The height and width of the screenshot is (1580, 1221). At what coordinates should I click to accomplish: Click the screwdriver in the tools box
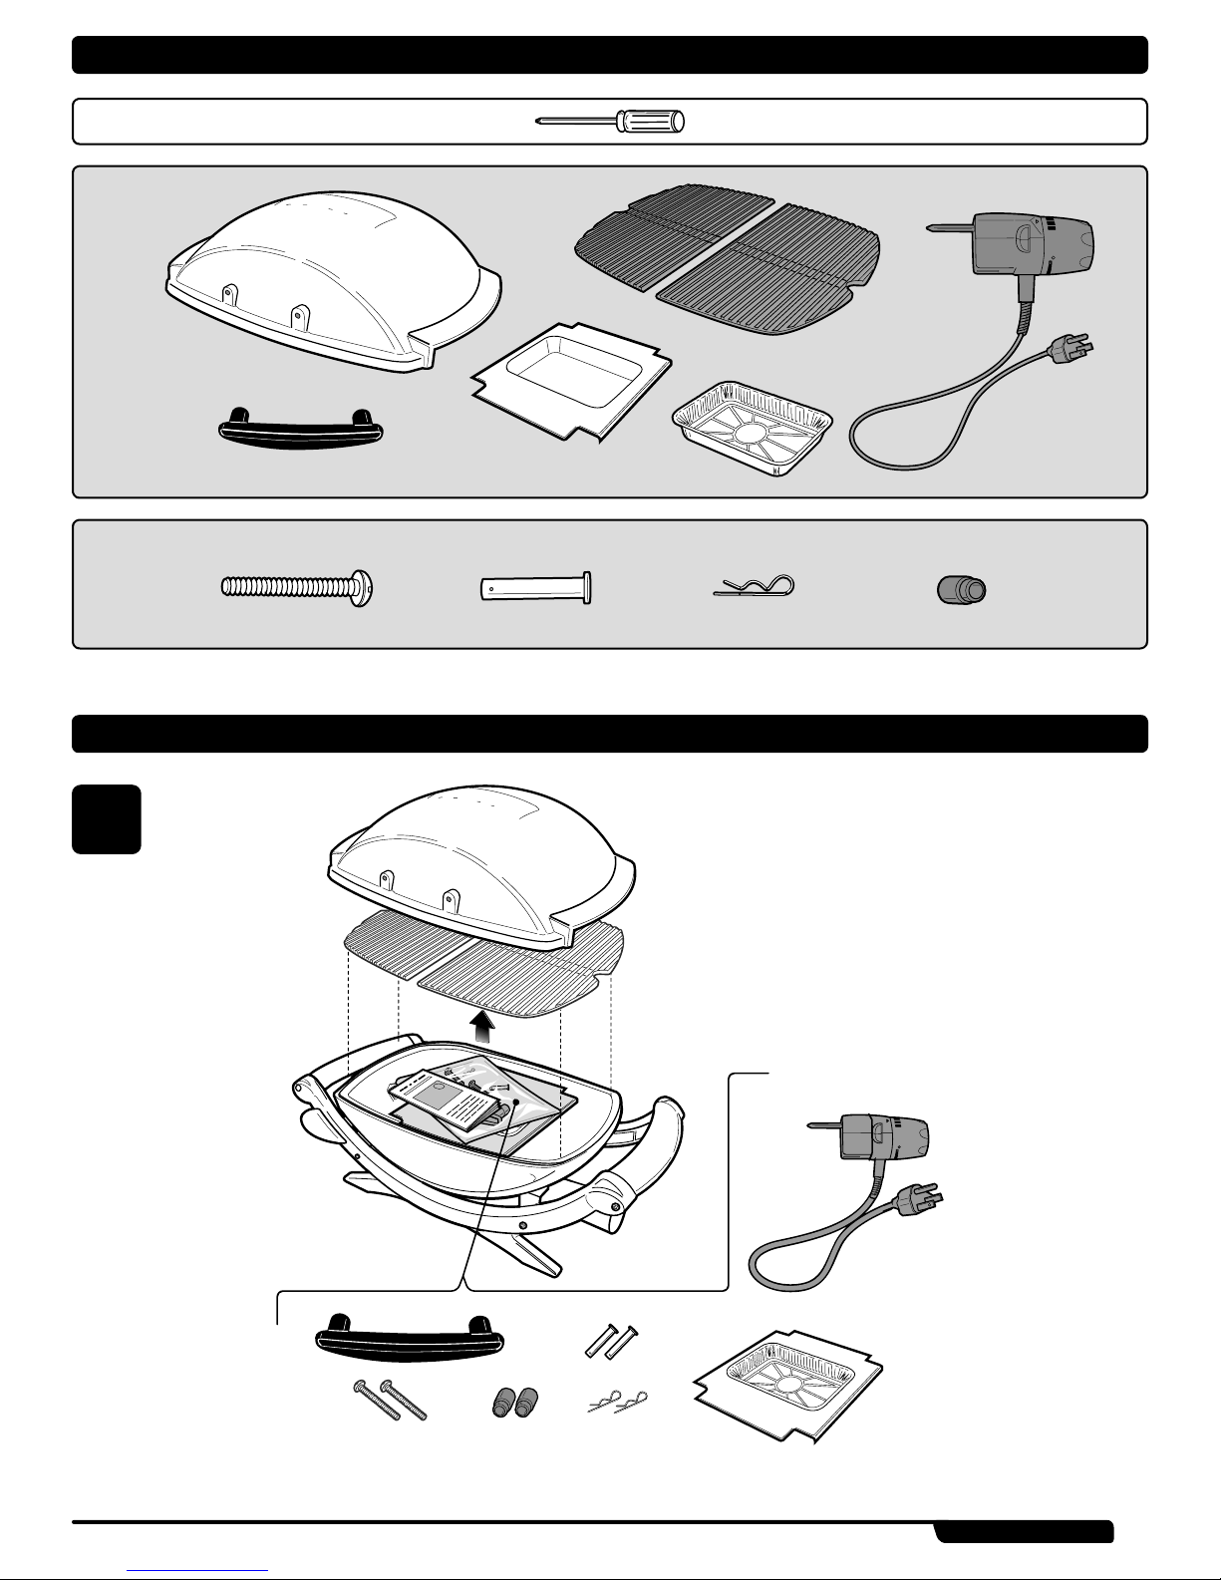coord(610,122)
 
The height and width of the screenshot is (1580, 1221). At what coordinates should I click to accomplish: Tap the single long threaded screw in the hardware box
coord(298,588)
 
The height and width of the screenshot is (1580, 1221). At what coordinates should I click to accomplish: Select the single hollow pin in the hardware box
coord(535,588)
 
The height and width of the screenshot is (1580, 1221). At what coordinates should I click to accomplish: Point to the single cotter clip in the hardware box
coord(755,588)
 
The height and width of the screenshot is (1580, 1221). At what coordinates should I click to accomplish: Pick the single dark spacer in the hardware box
coord(962,589)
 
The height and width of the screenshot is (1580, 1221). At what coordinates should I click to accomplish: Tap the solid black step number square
coord(107,819)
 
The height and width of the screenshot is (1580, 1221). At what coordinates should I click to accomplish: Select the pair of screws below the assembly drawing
coord(389,1399)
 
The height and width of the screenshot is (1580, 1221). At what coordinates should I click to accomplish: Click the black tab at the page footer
coord(1024,1531)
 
